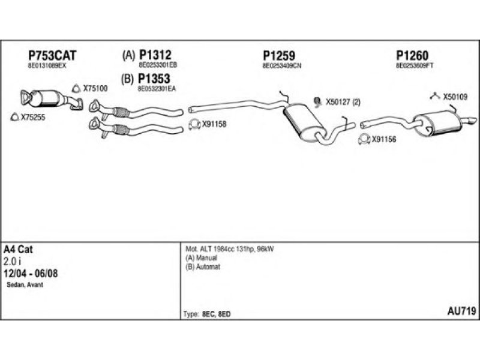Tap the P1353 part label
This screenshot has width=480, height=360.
[155, 79]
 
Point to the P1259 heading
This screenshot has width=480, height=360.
[279, 55]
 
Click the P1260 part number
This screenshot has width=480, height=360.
[412, 55]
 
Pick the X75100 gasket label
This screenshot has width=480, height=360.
[95, 88]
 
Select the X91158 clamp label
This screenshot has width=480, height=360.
[214, 125]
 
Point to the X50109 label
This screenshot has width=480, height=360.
[455, 96]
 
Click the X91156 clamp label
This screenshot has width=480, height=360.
[384, 140]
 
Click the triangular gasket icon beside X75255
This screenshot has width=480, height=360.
[16, 117]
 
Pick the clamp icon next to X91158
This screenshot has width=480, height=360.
[194, 125]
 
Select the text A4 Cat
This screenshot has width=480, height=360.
[18, 250]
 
